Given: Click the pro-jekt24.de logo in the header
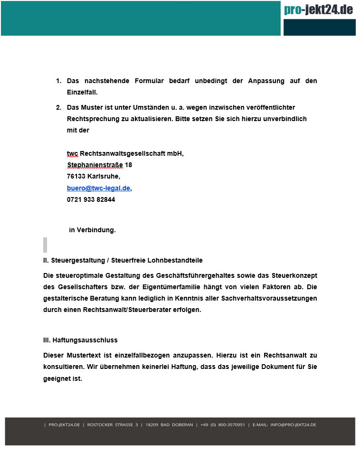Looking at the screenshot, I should (319, 9).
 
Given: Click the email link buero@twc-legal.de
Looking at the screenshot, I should (98, 188).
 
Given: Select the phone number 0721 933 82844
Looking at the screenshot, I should (91, 199).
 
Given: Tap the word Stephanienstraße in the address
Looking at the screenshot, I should (95, 165).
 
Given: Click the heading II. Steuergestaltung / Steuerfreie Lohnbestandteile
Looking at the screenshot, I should (123, 260).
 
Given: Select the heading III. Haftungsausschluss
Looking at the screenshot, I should (80, 340).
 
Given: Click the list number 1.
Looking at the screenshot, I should (58, 81).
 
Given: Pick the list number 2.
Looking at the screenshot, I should (58, 108).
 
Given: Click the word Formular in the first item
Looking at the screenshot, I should (149, 81).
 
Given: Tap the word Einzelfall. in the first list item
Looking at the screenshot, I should (82, 92).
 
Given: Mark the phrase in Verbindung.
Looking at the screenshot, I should (92, 230).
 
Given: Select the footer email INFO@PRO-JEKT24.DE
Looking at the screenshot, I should (293, 425).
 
